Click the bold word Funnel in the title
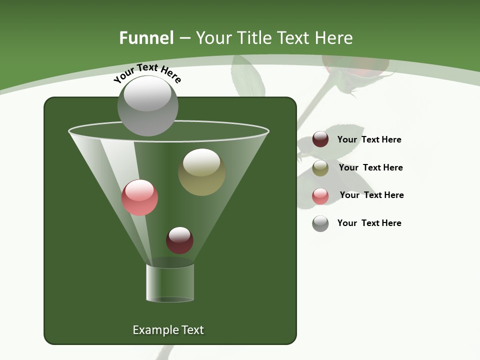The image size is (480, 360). [x=146, y=38]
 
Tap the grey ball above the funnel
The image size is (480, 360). [x=147, y=106]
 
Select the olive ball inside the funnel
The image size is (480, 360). [x=201, y=172]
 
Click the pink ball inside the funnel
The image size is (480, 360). [x=139, y=197]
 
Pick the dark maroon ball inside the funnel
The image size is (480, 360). [x=179, y=240]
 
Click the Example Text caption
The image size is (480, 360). [x=168, y=330]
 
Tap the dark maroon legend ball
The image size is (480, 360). [x=320, y=139]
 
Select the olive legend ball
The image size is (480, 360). [x=320, y=168]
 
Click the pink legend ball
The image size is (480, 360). [x=320, y=196]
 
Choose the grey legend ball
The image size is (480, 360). [x=320, y=223]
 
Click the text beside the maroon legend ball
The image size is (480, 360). [x=369, y=139]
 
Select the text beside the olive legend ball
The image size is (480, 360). [x=370, y=167]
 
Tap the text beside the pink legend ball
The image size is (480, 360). [x=371, y=195]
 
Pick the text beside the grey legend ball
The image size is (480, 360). [x=369, y=223]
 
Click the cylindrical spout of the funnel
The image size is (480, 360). [x=170, y=282]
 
